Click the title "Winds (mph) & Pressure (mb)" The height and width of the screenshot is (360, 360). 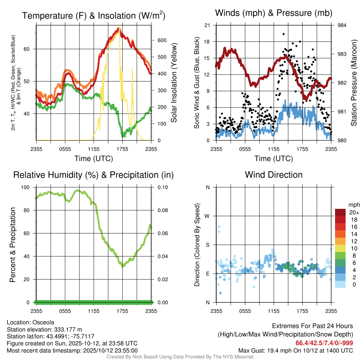click(x=274, y=13)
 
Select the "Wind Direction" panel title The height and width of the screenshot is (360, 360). click(x=274, y=175)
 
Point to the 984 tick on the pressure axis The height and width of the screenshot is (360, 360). click(x=342, y=25)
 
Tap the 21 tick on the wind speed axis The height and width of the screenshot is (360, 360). click(x=207, y=25)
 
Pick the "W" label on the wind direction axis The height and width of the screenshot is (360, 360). click(x=207, y=216)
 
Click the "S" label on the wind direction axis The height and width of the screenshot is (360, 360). click(x=207, y=245)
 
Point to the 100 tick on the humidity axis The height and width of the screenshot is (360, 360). click(x=26, y=187)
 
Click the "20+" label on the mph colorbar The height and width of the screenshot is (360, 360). click(x=353, y=213)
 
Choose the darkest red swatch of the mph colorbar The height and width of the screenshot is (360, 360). click(x=340, y=212)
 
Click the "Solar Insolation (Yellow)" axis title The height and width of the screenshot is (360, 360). click(x=174, y=83)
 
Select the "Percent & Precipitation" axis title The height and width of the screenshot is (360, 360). click(x=12, y=244)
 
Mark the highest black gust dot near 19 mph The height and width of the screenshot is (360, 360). click(x=283, y=34)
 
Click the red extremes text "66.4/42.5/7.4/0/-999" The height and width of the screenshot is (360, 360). click(x=324, y=343)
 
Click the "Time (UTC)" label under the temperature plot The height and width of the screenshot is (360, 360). click(x=94, y=159)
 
